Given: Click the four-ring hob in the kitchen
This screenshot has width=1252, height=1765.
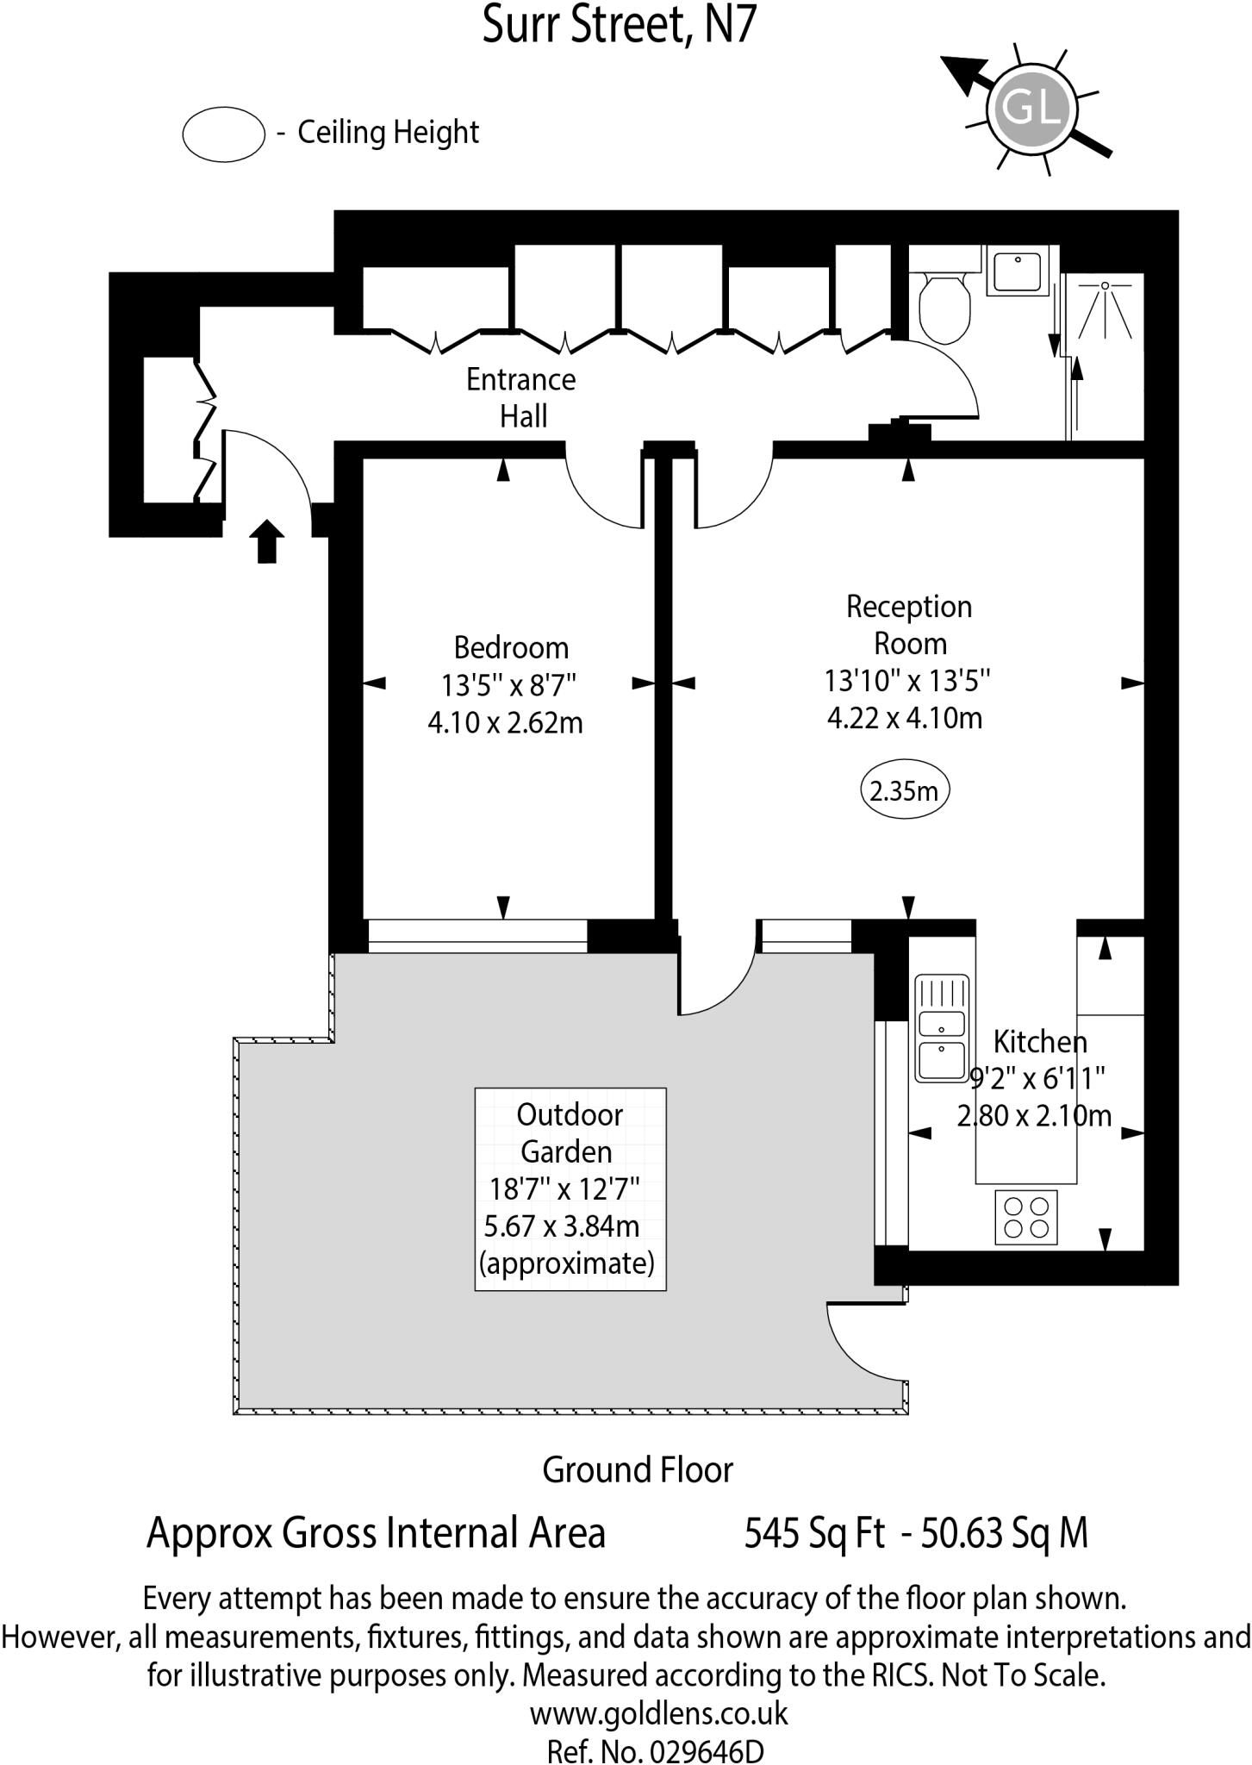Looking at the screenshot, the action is pos(1025,1217).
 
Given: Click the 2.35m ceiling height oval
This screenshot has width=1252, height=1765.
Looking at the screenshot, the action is pos(905,789).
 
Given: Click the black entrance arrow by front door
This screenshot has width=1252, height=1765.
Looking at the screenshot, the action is pos(267,541).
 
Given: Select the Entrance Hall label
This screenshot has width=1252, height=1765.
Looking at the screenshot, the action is pos(521,397).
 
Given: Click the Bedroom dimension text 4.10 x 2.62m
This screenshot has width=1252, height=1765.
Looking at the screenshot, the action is pos(505,722).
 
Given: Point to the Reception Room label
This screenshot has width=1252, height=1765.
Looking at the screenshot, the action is pos(909,625).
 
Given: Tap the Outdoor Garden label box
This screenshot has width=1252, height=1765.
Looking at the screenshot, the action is pos(570,1188).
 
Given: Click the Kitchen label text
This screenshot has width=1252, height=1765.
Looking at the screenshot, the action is pos(1040,1042).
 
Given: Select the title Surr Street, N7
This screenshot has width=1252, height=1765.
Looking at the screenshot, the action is pos(619,24).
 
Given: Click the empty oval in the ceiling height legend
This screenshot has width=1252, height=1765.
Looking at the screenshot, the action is pos(223,134).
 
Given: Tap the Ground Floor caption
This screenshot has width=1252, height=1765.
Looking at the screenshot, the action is pos(637,1470).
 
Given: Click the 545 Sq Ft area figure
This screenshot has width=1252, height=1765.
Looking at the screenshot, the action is pos(814,1533).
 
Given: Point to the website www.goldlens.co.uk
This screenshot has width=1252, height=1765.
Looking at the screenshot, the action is pos(658,1713).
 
